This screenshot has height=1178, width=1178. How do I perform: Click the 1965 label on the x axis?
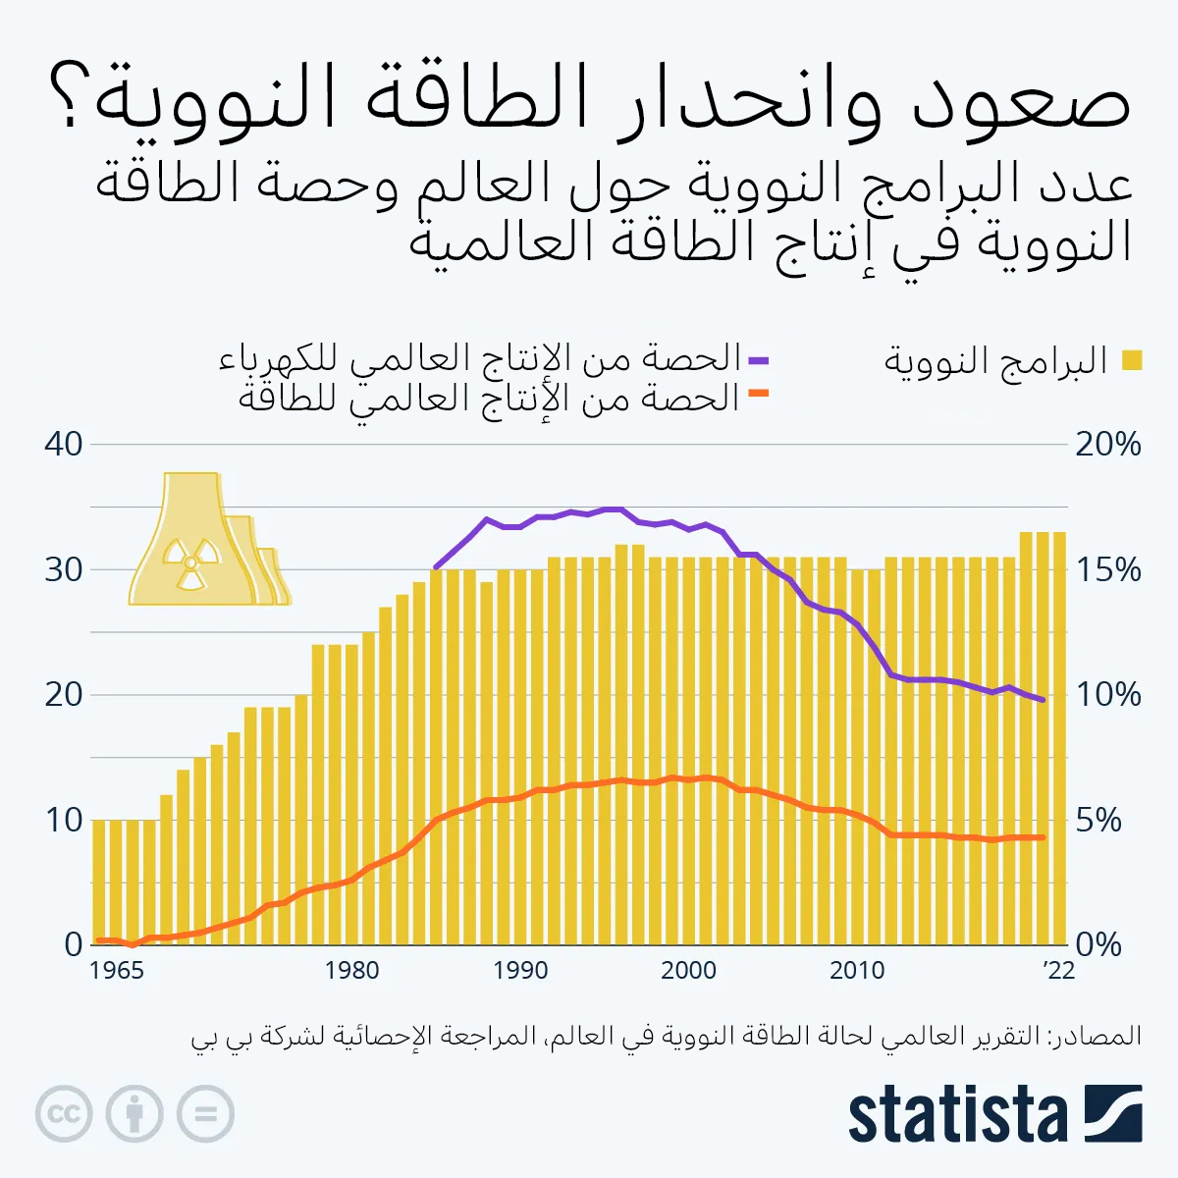pos(117,971)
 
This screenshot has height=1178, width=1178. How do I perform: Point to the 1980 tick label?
pos(351,971)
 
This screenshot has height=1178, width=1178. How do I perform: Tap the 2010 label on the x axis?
pos(857,971)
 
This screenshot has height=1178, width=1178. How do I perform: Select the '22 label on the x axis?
pos(1058,971)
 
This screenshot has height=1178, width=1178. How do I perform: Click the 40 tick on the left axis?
pos(64,444)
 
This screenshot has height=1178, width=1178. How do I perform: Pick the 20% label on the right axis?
pos(1108,444)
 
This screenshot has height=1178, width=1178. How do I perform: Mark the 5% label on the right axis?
pos(1098,820)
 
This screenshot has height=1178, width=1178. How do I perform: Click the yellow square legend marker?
pos(1132,360)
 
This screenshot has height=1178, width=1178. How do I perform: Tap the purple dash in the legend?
pos(758,360)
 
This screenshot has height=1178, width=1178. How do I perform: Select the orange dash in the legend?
pos(758,394)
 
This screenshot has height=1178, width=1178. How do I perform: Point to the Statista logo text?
pos(957,1114)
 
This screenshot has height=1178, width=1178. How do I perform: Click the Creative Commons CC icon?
pos(64,1114)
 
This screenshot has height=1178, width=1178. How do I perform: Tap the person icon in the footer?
pos(134,1114)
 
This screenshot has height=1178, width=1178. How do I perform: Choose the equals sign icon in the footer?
pos(205,1114)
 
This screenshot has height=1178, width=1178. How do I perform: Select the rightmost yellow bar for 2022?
pos(1059,736)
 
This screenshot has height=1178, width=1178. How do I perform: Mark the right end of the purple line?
pos(1043,700)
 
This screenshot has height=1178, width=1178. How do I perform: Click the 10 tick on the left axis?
pos(64,820)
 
